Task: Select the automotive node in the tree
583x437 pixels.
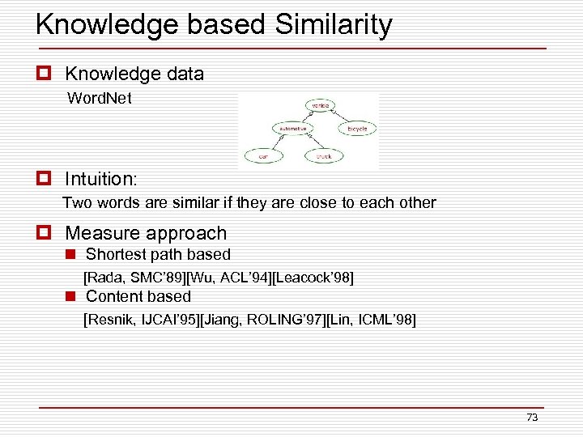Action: (292, 128)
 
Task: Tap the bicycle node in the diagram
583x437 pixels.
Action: (357, 128)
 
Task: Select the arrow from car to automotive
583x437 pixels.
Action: (276, 142)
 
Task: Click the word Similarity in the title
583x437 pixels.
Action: (334, 24)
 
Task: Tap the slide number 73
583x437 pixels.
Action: (532, 418)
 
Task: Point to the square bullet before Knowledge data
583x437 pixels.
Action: (45, 74)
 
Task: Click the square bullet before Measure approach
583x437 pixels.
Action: (45, 234)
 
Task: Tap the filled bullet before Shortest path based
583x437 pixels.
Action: (71, 255)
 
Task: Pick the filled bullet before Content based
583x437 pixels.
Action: (71, 297)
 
